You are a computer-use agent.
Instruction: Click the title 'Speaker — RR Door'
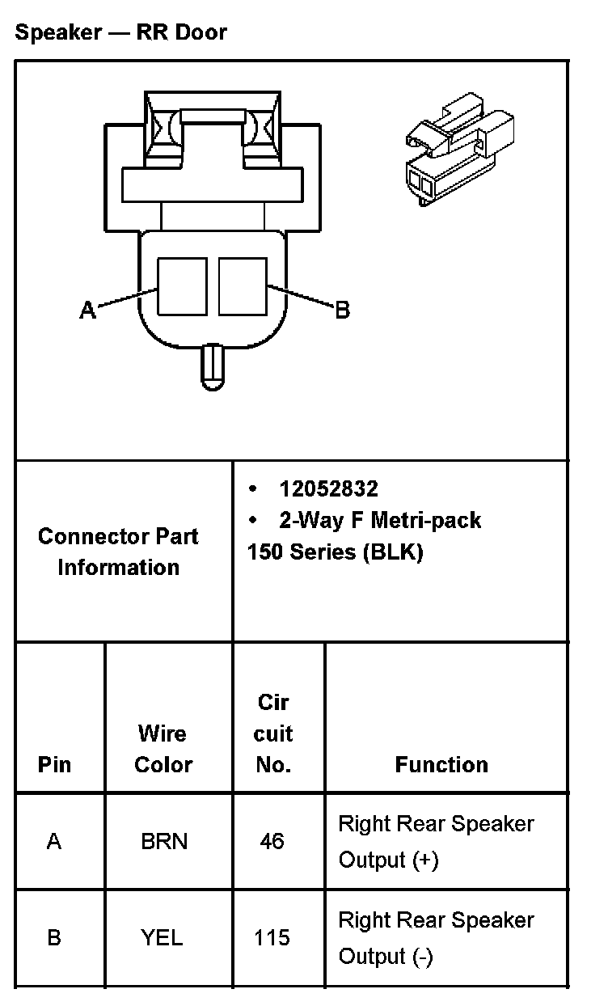(121, 33)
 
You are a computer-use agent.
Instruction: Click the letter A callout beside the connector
(87, 310)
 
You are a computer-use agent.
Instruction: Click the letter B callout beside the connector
(342, 310)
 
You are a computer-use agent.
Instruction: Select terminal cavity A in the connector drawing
(181, 286)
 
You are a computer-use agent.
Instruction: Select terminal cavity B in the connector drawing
(243, 286)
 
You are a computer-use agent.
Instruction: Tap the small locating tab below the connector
(213, 365)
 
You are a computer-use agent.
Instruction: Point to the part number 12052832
(328, 488)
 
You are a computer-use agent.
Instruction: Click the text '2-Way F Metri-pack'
(380, 520)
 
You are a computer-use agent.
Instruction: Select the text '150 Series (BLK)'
(335, 552)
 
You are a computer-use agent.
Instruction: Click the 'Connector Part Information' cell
(118, 552)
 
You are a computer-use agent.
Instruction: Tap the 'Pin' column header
(54, 764)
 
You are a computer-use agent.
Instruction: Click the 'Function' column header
(441, 764)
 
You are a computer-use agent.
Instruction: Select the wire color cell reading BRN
(164, 842)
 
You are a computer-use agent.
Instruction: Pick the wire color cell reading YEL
(162, 938)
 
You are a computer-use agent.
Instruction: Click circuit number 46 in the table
(272, 842)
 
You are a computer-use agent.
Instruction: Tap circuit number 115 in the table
(272, 938)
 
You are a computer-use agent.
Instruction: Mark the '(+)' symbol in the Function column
(424, 860)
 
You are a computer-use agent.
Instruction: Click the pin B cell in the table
(54, 938)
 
